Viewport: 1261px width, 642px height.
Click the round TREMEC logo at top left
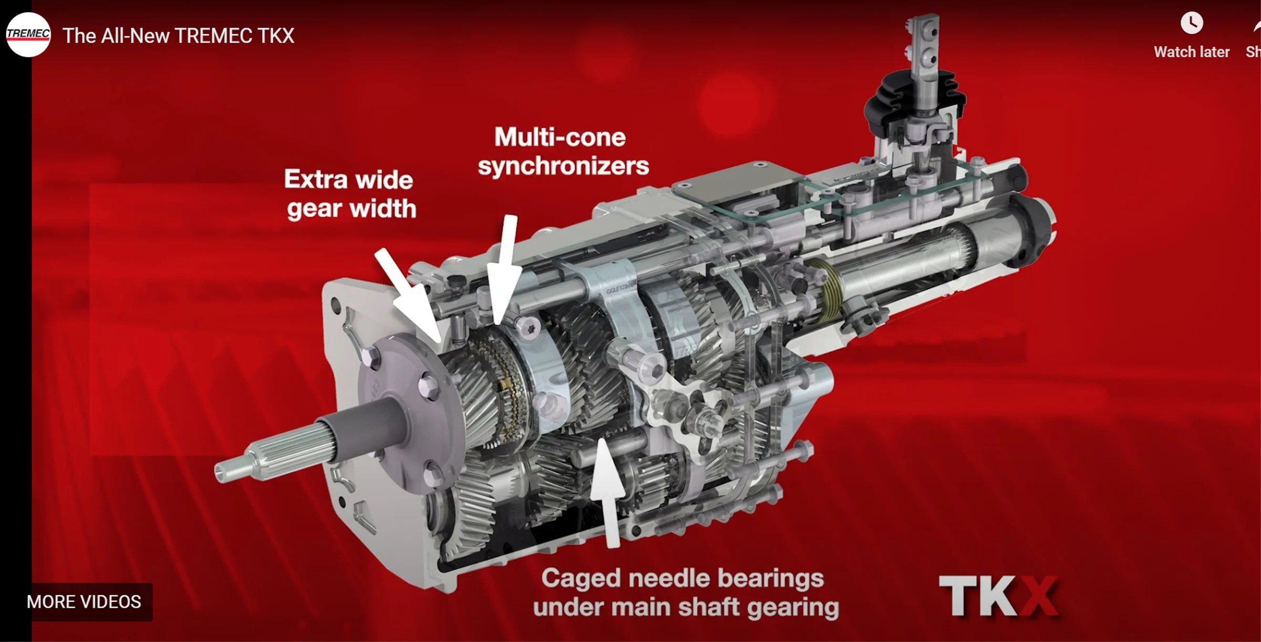pos(28,35)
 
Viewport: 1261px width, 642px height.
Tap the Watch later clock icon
pos(1191,24)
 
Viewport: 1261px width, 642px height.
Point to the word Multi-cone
pos(560,138)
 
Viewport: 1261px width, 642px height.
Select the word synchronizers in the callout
pos(563,166)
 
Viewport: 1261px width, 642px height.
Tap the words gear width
pos(352,209)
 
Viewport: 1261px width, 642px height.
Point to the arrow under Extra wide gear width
pos(410,294)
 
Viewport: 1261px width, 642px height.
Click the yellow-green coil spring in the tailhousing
pos(828,289)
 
